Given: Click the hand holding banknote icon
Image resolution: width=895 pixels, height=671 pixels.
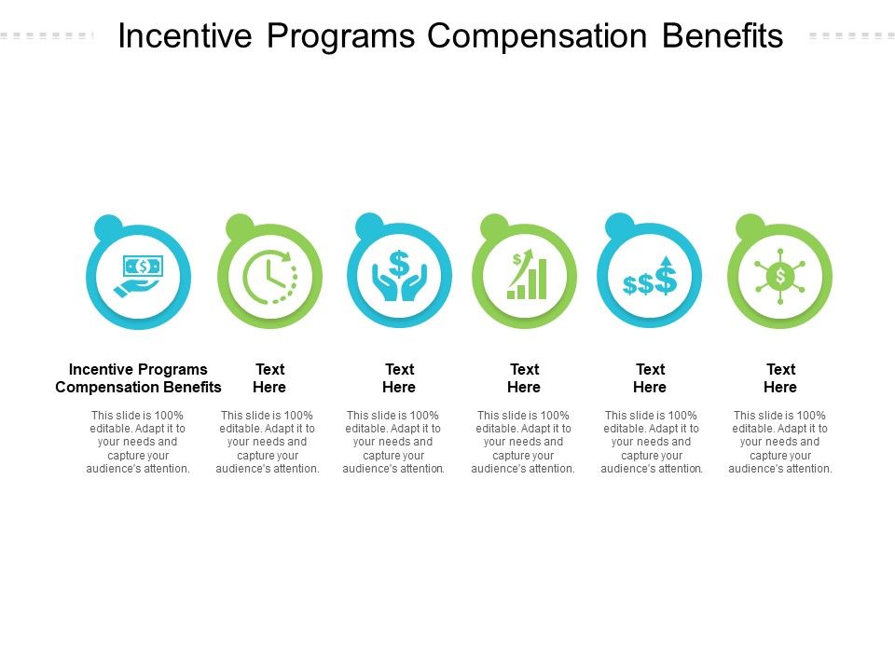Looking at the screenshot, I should point(138,277).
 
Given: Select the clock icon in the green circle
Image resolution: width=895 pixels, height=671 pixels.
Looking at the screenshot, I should point(269,277).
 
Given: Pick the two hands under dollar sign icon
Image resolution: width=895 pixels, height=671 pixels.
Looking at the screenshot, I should point(399,276).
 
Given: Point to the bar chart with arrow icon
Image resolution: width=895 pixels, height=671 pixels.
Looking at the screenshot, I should point(525,276).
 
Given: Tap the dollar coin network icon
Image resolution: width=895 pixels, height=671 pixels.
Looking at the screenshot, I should point(780,276).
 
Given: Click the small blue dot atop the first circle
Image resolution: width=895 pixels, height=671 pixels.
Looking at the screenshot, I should point(109,227).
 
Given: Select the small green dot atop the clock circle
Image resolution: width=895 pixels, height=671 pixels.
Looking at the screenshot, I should point(240,227).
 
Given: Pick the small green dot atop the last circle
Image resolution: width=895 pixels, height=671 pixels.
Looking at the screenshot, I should point(750,227).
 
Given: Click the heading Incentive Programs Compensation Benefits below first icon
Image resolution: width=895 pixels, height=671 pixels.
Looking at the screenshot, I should point(139,378).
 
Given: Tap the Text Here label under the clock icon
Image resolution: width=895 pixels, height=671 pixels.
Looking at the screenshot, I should point(269,378).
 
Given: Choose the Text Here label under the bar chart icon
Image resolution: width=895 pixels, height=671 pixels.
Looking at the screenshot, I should point(524,378).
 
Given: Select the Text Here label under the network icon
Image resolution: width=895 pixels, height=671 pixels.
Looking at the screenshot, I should point(780,378).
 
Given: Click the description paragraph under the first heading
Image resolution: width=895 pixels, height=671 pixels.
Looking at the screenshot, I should point(138,443).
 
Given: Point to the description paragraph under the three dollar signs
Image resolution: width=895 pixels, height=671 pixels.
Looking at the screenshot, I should point(652,443).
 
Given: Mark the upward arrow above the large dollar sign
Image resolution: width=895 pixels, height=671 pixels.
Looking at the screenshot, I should point(666,261).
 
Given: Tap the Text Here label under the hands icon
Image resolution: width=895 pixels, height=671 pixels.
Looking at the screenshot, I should point(399,378).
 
